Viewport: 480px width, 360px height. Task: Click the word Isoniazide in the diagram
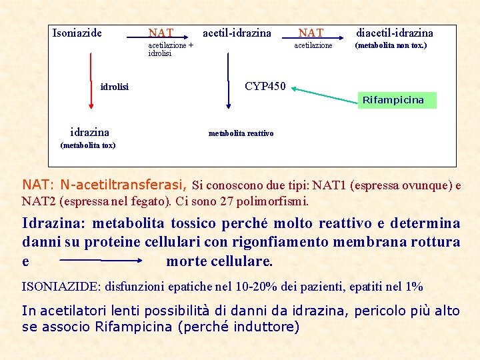pos(77,33)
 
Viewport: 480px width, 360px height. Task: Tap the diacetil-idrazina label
pos(394,33)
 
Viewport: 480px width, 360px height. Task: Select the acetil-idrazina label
pos(237,33)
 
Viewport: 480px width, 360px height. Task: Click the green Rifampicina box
pos(393,100)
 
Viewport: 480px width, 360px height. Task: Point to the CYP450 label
pos(265,86)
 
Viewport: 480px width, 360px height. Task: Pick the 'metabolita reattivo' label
pos(241,133)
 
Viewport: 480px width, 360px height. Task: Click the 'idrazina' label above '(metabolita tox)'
pos(89,132)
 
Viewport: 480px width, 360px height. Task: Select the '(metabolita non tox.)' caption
pos(391,45)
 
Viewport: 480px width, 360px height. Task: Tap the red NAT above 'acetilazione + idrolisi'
pos(161,33)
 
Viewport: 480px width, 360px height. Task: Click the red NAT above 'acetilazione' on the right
pos(311,33)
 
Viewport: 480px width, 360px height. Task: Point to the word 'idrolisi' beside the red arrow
pos(115,87)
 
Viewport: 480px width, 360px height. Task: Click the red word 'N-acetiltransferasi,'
pos(125,184)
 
